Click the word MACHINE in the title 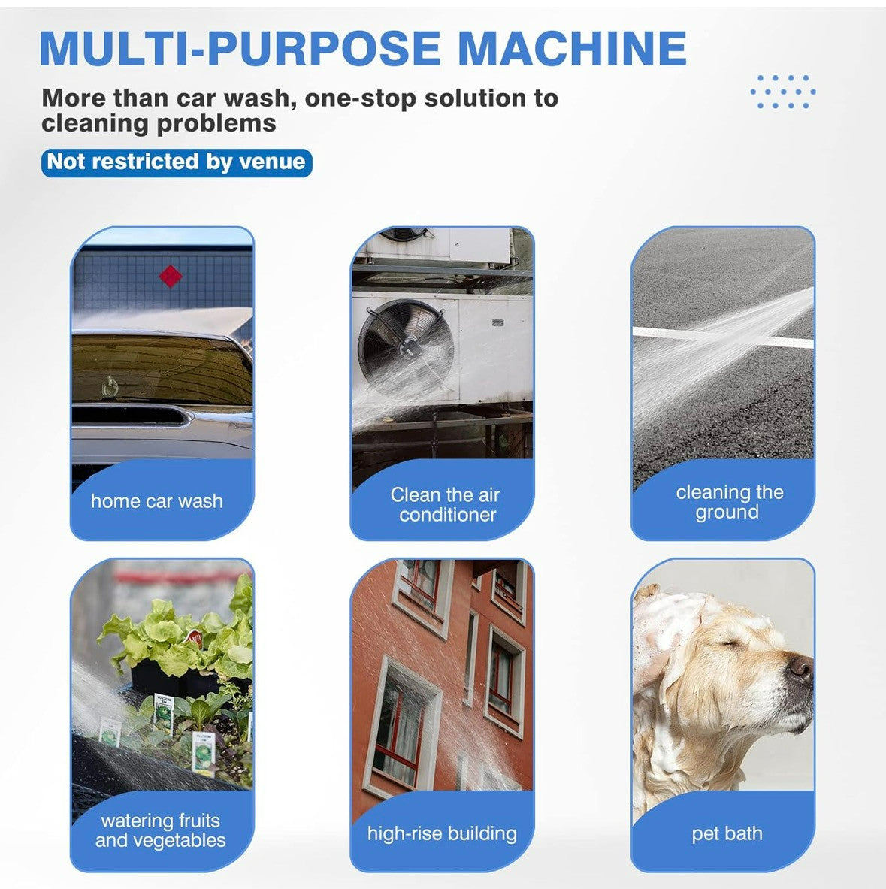(572, 48)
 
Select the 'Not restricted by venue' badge (177, 162)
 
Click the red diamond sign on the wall (170, 276)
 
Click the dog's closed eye (732, 643)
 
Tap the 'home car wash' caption (157, 501)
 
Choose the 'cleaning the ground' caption (729, 502)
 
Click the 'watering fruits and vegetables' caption (160, 830)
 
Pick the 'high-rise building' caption (442, 834)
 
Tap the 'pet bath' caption (727, 834)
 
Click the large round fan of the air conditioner (406, 347)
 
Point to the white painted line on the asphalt (723, 337)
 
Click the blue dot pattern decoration (783, 91)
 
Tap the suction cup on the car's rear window (110, 387)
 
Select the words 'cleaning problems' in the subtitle (159, 123)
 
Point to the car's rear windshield (162, 368)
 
